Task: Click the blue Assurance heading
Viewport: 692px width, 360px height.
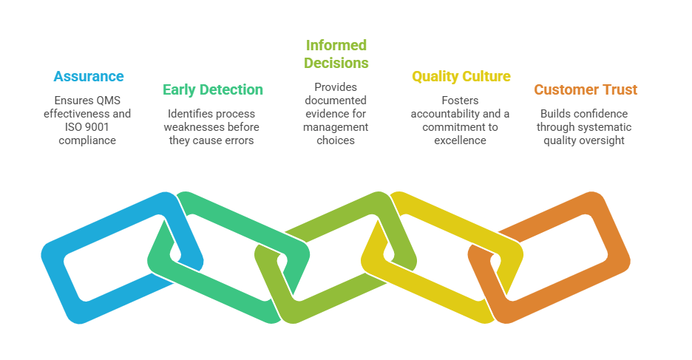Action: [89, 76]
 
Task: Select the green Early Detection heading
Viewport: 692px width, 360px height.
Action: [213, 89]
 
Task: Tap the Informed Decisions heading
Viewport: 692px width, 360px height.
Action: [336, 54]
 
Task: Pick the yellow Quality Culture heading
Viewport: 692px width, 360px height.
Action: [461, 76]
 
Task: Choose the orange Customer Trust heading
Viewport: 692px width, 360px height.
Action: [586, 89]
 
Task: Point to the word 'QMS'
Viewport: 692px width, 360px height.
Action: [108, 101]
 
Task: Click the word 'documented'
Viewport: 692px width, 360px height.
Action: [336, 101]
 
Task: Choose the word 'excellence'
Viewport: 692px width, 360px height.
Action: [460, 140]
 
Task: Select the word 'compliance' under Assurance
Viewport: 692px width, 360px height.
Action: [87, 140]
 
